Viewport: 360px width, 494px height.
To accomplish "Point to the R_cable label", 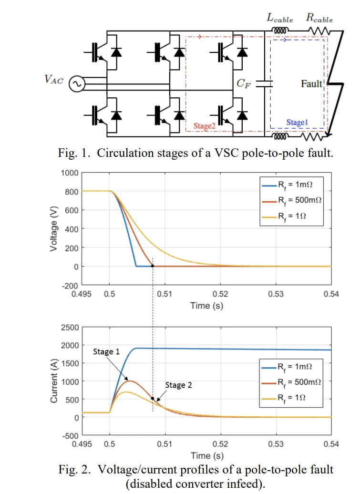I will click(x=319, y=20).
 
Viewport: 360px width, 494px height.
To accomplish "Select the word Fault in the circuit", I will click(x=312, y=84).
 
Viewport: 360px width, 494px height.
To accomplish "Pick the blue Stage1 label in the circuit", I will click(x=297, y=123).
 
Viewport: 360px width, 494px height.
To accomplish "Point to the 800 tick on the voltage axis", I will click(x=72, y=191).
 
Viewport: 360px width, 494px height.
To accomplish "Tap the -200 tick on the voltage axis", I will click(x=70, y=285).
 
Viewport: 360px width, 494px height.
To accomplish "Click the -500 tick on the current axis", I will click(x=70, y=435).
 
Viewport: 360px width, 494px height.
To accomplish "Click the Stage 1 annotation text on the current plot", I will click(x=106, y=352).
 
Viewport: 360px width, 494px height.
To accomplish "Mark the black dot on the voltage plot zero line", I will click(x=153, y=266).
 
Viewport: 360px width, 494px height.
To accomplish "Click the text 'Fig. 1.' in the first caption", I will click(x=74, y=154).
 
